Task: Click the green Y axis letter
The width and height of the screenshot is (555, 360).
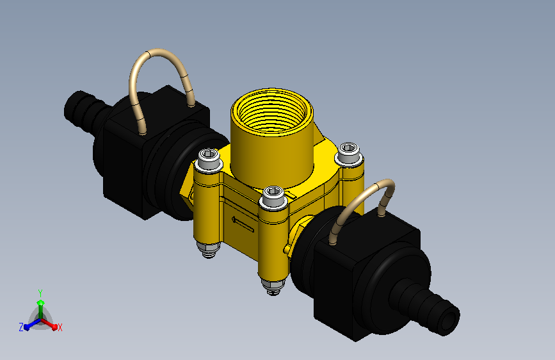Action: click(x=40, y=293)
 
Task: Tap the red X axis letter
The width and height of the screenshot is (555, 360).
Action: click(x=60, y=328)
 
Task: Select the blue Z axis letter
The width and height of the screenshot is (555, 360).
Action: click(x=21, y=327)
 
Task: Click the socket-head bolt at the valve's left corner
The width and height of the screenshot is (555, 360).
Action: click(x=209, y=159)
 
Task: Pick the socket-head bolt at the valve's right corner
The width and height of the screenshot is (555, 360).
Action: click(x=349, y=153)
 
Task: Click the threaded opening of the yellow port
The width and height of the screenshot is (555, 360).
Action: click(x=272, y=111)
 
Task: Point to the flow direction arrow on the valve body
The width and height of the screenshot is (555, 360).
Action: click(x=243, y=224)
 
